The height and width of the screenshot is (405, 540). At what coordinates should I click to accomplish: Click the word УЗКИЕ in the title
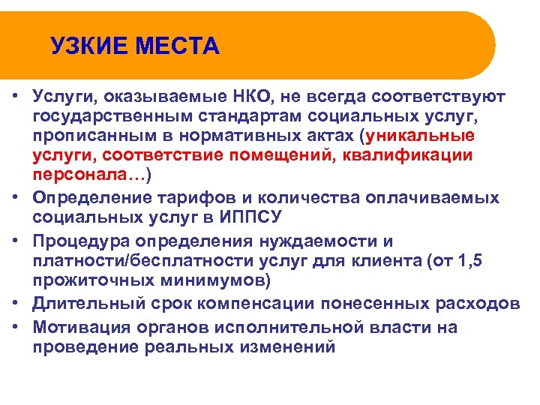[85, 46]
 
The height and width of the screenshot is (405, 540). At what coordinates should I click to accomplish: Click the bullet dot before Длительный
[15, 304]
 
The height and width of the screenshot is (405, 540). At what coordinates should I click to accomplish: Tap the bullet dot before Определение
[15, 197]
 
